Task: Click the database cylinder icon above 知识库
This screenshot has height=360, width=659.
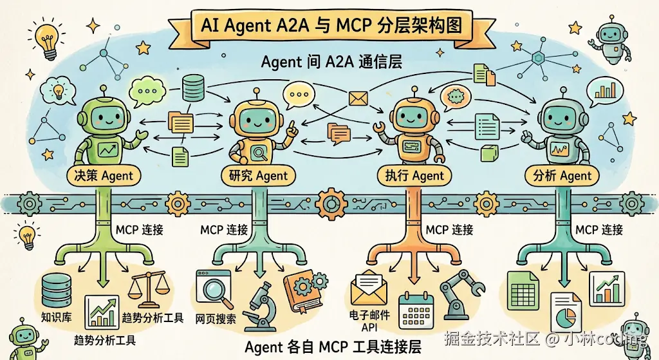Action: click(55, 289)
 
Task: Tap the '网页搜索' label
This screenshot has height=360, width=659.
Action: click(215, 318)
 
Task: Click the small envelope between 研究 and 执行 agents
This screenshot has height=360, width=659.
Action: click(357, 99)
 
